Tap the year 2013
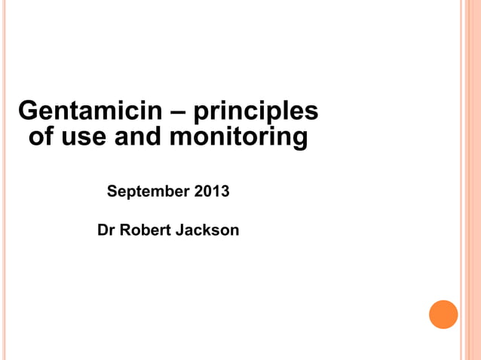[x=212, y=191]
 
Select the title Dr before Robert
[x=106, y=230]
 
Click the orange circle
[x=443, y=314]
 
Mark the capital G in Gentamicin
[x=27, y=111]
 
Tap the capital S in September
[x=112, y=191]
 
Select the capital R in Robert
[x=125, y=230]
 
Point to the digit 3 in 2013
[x=225, y=191]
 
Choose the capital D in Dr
[x=103, y=230]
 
